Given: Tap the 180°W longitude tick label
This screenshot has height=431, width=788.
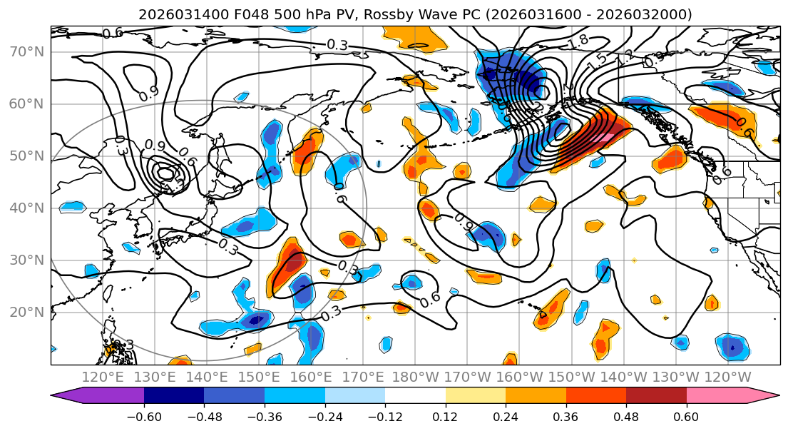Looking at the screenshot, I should [x=414, y=377].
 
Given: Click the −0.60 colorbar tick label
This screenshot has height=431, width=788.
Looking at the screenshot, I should [x=144, y=415].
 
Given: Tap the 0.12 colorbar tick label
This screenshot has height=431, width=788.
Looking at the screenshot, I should [x=445, y=415].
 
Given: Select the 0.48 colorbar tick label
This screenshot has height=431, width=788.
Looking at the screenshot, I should [x=626, y=415].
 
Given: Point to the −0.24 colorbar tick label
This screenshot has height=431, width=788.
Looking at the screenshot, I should [x=324, y=415].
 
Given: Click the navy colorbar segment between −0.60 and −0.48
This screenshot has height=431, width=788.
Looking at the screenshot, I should [x=174, y=395].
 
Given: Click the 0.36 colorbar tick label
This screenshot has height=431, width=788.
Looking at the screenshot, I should [x=566, y=415].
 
